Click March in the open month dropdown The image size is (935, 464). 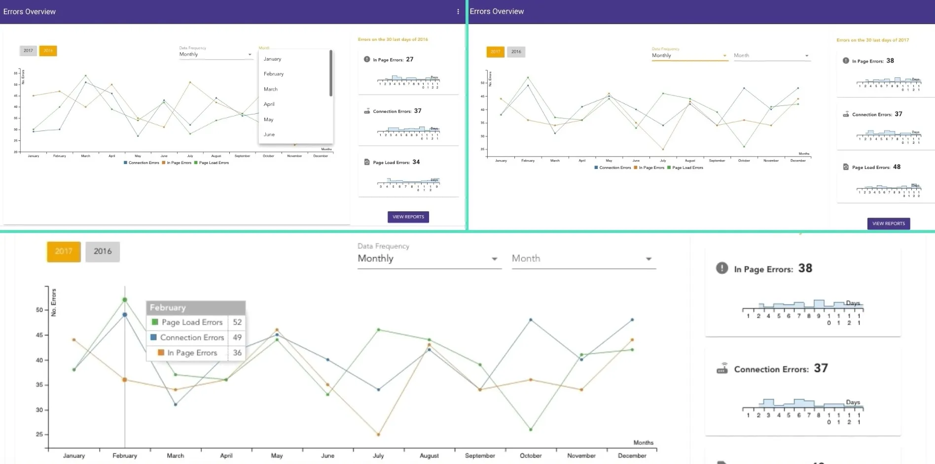pos(270,89)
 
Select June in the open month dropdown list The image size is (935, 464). pos(269,134)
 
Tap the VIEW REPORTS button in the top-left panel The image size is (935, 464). pos(408,217)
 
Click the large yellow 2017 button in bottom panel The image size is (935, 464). pos(64,251)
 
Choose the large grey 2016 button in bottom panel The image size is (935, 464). pos(103,251)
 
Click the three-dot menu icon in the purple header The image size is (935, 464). pos(458,11)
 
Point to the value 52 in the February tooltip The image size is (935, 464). pos(237,322)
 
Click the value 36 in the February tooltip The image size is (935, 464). pos(237,353)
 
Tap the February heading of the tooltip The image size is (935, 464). pos(168,308)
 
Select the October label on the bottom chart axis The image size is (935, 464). pos(531,456)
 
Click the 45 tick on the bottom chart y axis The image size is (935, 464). pos(39,335)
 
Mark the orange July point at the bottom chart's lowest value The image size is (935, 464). pos(378,434)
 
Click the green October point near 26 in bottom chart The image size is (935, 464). pos(531,430)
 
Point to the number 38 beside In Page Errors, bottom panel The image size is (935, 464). pos(805,268)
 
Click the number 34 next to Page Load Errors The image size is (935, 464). pos(416,162)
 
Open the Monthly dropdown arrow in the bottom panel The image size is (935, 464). pos(494,259)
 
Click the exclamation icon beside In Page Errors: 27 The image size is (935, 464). pos(366,59)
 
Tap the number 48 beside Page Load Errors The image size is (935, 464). pos(897,167)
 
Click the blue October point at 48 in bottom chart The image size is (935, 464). pos(531,320)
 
